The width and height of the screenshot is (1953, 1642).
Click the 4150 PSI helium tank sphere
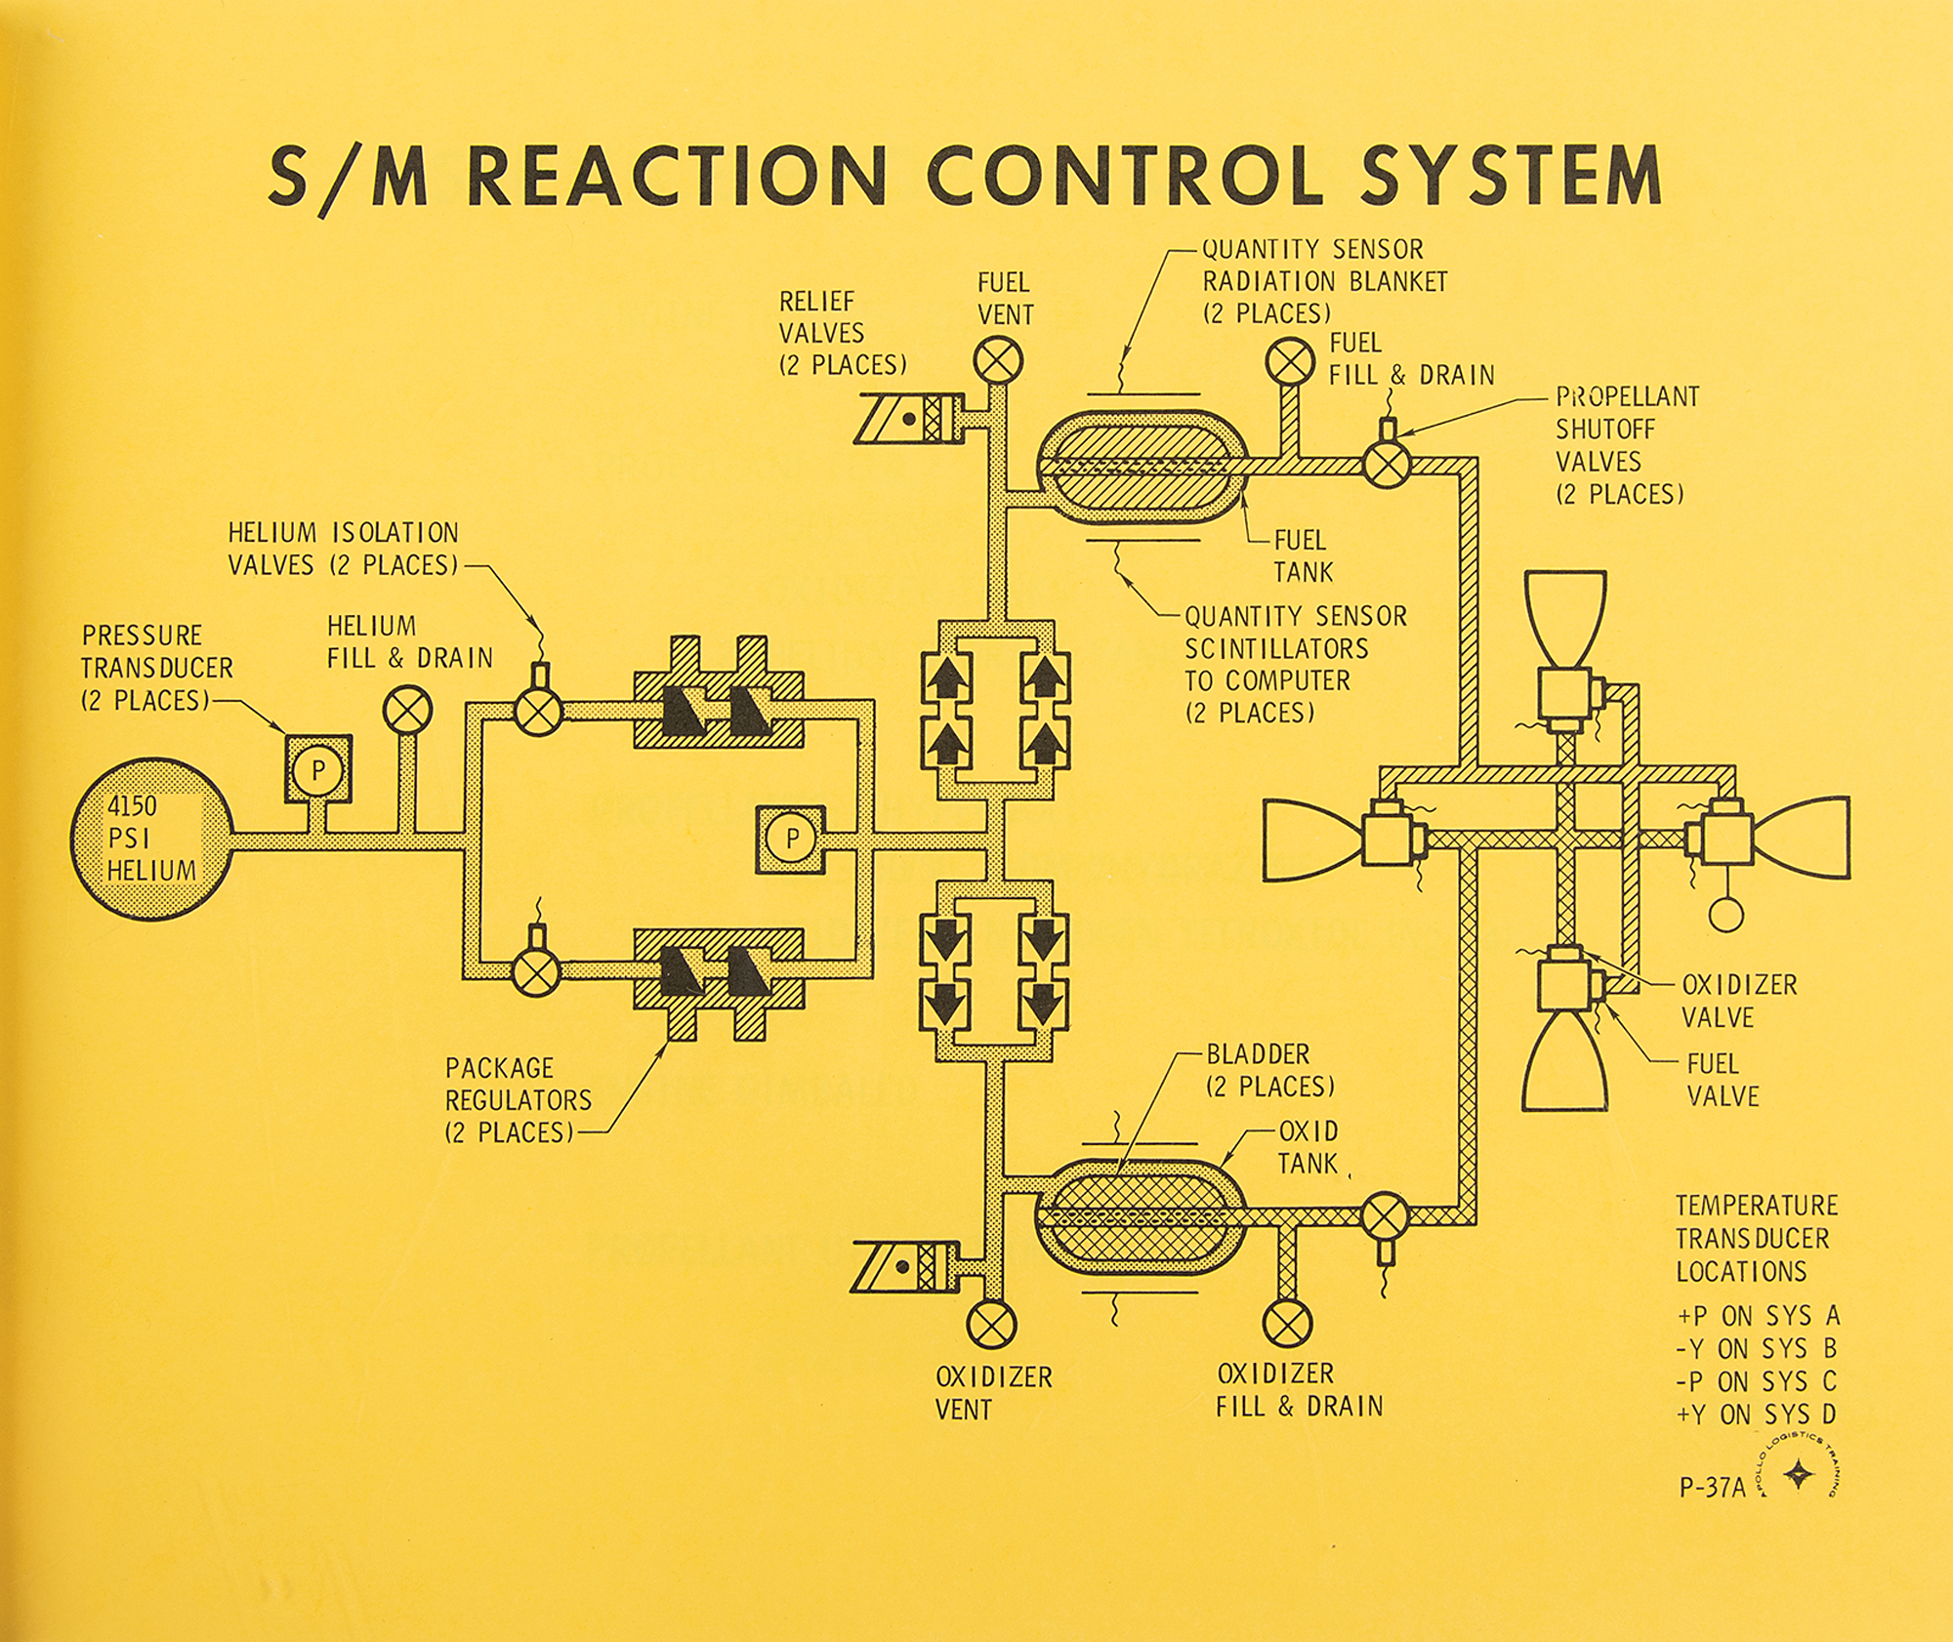151,839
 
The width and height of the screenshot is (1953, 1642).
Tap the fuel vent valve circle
998,361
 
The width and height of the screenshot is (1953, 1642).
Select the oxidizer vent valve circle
991,1325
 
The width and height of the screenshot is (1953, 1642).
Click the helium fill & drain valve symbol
408,709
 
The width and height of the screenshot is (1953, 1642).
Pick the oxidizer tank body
1141,1216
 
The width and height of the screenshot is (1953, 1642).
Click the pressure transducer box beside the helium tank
318,769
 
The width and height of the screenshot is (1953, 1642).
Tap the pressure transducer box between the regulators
791,839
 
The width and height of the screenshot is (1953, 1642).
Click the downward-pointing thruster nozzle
1564,1061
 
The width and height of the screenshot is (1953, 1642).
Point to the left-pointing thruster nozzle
1313,840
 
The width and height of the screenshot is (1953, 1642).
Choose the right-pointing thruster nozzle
1800,839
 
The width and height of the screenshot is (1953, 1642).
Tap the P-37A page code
1712,1487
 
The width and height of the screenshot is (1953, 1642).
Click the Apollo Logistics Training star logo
1798,1475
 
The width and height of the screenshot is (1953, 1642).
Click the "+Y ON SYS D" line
1757,1414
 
